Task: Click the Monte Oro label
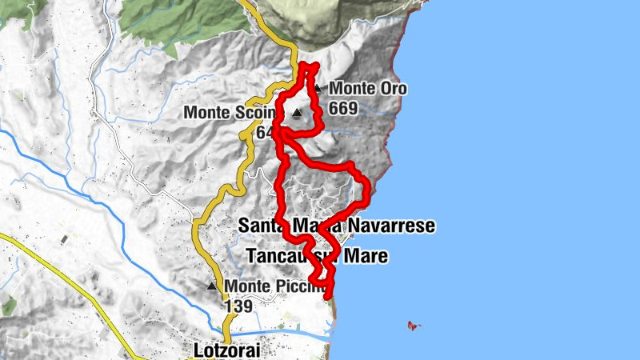click(367, 89)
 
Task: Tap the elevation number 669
click(342, 107)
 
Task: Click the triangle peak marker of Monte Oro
click(318, 89)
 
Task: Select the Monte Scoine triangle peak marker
click(298, 113)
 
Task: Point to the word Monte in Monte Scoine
click(208, 113)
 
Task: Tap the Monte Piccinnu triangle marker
click(212, 286)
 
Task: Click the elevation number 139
click(238, 306)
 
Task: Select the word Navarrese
click(392, 226)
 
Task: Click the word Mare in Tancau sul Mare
click(366, 257)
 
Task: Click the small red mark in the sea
click(414, 325)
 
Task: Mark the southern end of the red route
click(328, 297)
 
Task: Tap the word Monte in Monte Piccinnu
click(246, 286)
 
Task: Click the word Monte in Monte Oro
click(350, 89)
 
